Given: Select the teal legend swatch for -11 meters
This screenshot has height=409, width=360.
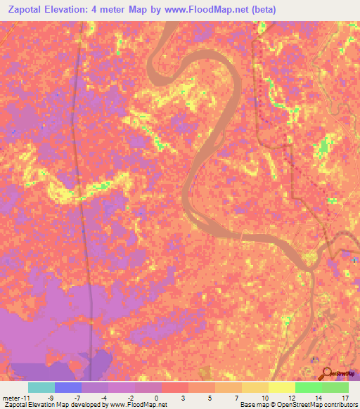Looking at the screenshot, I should (x=41, y=387).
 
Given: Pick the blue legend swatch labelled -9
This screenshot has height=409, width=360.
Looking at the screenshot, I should (x=68, y=387).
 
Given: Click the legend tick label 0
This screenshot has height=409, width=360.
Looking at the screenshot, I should (x=155, y=398).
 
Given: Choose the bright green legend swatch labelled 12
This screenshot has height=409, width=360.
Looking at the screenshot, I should (x=309, y=387).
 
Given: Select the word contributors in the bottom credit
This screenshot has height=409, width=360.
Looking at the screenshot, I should (x=338, y=405).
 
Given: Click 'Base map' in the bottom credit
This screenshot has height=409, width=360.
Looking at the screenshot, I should (x=254, y=405).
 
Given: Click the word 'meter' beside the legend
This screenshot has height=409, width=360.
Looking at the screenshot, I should (x=11, y=398).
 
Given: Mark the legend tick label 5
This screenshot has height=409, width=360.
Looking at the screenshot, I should (x=209, y=398).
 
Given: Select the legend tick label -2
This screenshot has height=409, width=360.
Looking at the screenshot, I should (x=129, y=398).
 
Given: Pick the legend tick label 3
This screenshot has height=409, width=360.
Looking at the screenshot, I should (x=182, y=398).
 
